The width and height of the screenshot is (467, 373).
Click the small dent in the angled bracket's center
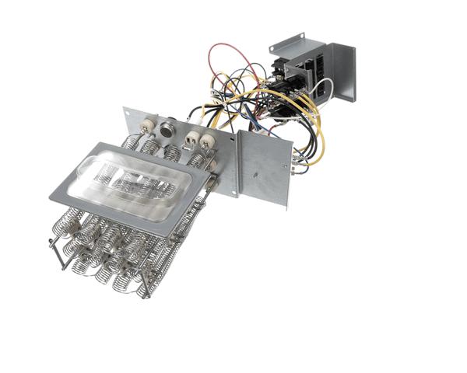pyautogui.click(x=265, y=166)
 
